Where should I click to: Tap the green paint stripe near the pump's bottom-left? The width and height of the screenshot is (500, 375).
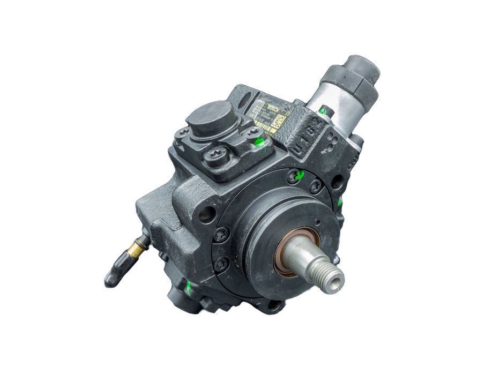[x=188, y=288]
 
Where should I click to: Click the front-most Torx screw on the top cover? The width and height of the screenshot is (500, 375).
[x=219, y=156]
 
